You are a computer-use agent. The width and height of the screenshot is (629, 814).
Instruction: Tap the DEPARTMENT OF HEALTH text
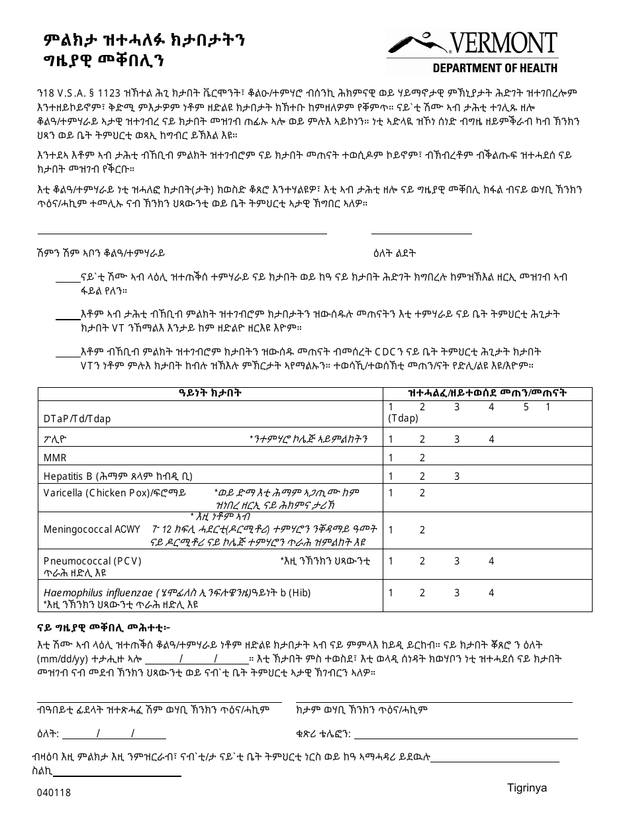coord(495,68)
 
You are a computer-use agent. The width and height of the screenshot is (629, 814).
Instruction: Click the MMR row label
coord(55,458)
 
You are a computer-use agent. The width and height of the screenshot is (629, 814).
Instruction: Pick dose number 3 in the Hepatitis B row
coord(457,476)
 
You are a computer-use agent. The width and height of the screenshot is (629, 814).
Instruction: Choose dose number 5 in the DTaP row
coord(526,408)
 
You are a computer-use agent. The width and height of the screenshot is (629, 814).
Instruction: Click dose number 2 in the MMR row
coord(422,458)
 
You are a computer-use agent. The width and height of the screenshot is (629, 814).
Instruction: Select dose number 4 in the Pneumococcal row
coord(491,561)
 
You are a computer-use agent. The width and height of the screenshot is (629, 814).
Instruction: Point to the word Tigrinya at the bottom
coord(527,788)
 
